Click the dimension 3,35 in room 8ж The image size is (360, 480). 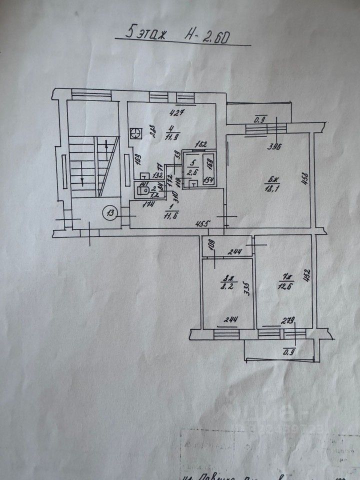click(245, 288)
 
